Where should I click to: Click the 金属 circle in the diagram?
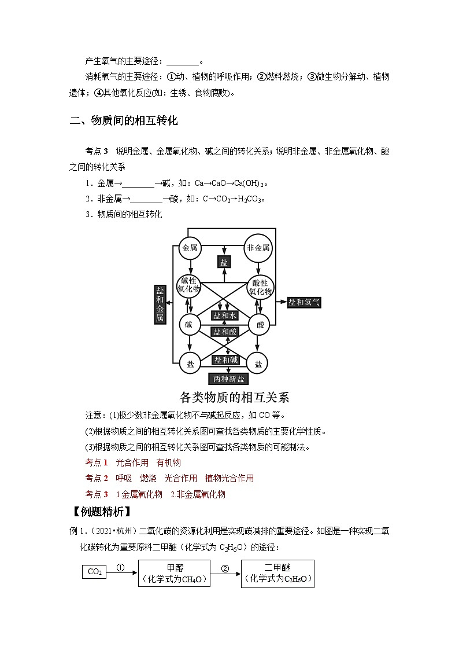(x=190, y=248)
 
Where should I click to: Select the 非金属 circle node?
(x=258, y=248)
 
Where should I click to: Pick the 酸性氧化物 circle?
(x=260, y=286)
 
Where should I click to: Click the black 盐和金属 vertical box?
(x=160, y=303)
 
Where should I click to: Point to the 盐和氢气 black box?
(x=304, y=302)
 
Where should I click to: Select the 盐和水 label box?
(x=225, y=315)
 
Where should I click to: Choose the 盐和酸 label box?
(x=225, y=331)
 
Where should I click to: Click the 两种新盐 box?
(x=229, y=379)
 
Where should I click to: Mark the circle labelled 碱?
(x=189, y=325)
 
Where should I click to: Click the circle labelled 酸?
(x=260, y=325)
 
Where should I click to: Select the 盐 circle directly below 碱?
(x=190, y=363)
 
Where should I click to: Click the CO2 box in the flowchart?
(x=94, y=572)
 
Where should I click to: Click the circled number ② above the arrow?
(x=225, y=568)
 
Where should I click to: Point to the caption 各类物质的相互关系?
(x=234, y=398)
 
